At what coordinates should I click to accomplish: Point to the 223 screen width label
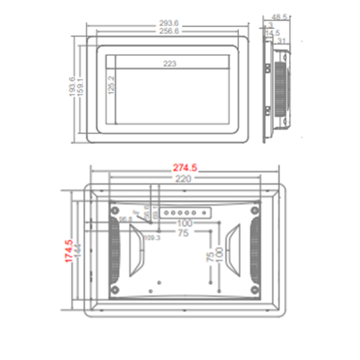pyautogui.click(x=170, y=64)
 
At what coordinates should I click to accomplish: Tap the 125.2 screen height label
pyautogui.click(x=111, y=85)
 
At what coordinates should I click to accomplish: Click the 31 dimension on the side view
pyautogui.click(x=282, y=41)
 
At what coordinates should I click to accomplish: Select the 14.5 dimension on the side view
pyautogui.click(x=273, y=33)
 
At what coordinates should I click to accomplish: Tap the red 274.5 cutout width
pyautogui.click(x=185, y=168)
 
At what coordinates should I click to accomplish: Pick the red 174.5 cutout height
pyautogui.click(x=68, y=252)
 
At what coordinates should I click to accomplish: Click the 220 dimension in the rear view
pyautogui.click(x=184, y=179)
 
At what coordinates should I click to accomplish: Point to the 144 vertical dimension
pyautogui.click(x=77, y=252)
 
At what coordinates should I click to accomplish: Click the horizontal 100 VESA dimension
pyautogui.click(x=184, y=223)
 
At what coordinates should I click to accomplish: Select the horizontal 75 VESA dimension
pyautogui.click(x=183, y=233)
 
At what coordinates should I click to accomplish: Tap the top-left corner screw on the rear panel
pyautogui.click(x=115, y=210)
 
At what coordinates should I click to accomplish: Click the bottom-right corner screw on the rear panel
pyautogui.click(x=255, y=289)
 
